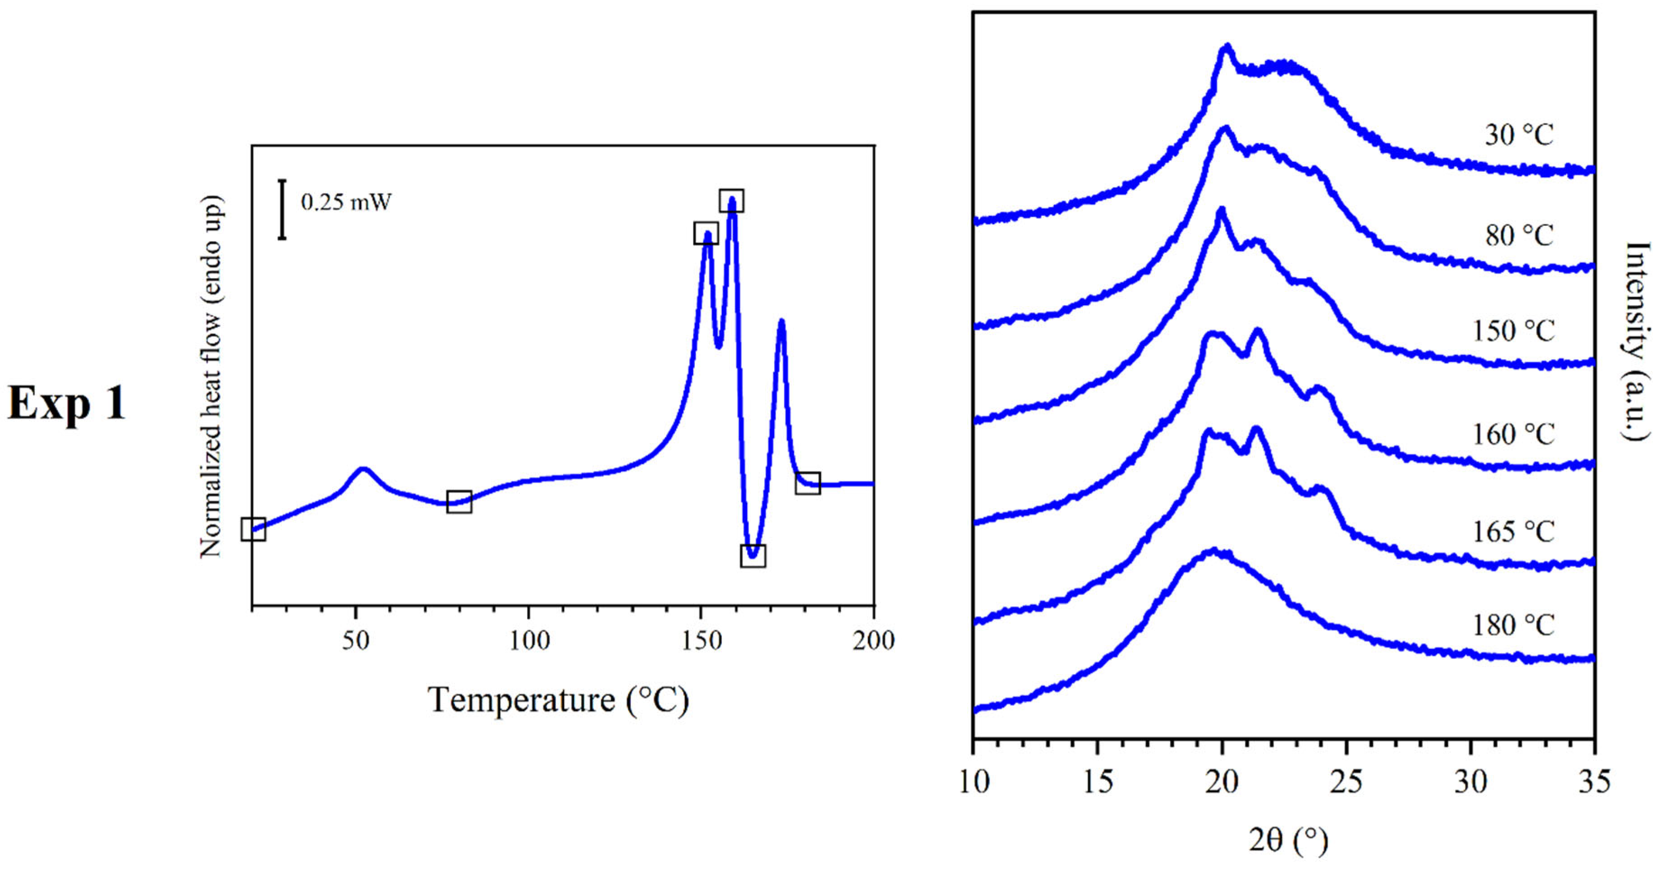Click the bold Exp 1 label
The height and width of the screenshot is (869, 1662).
pyautogui.click(x=66, y=404)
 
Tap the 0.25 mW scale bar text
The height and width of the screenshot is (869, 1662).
pyautogui.click(x=346, y=202)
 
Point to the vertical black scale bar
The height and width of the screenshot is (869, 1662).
pyautogui.click(x=282, y=210)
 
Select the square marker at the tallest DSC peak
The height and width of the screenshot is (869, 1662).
pyautogui.click(x=731, y=201)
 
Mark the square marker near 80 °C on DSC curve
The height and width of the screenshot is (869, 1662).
pyautogui.click(x=459, y=501)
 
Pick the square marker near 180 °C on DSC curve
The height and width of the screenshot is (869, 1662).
pyautogui.click(x=807, y=483)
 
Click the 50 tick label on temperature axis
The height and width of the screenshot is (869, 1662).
pyautogui.click(x=355, y=640)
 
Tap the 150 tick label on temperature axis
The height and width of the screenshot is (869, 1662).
pyautogui.click(x=701, y=640)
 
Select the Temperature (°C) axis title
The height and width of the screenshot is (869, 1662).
pyautogui.click(x=559, y=700)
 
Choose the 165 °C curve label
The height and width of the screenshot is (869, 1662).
pyautogui.click(x=1512, y=531)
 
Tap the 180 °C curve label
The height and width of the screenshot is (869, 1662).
pyautogui.click(x=1512, y=625)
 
